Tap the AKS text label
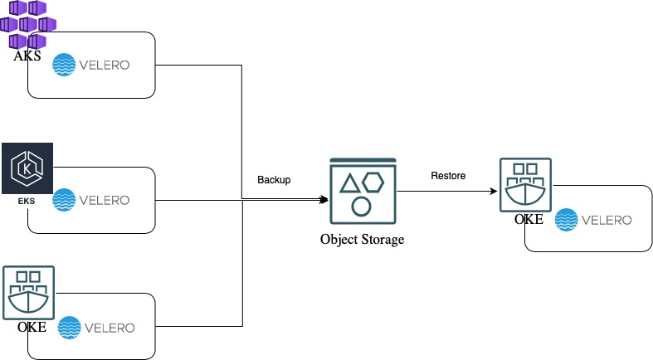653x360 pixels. click(x=27, y=56)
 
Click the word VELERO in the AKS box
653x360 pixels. click(x=104, y=65)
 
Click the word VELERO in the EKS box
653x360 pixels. click(x=104, y=200)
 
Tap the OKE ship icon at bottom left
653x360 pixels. click(x=29, y=292)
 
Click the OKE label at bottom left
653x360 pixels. click(x=32, y=327)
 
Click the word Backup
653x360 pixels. click(x=274, y=180)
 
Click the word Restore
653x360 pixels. click(x=448, y=176)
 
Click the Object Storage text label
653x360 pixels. click(x=362, y=240)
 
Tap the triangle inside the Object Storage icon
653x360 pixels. click(x=349, y=184)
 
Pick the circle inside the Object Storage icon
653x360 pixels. click(x=361, y=205)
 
